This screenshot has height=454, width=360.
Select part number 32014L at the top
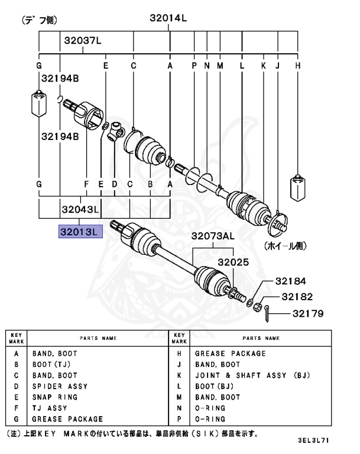(x=168, y=18)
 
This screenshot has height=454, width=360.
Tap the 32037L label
(x=83, y=41)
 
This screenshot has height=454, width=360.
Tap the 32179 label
(x=307, y=314)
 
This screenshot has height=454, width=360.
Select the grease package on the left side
(x=39, y=105)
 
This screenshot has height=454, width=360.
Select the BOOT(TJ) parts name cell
(x=51, y=365)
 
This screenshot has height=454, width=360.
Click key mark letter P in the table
(x=179, y=419)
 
